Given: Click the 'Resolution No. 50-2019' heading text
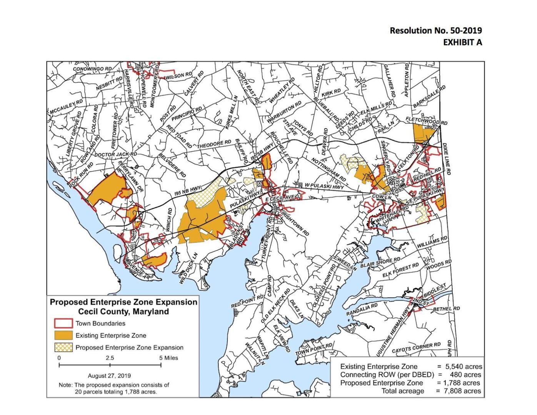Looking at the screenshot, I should pyautogui.click(x=435, y=30).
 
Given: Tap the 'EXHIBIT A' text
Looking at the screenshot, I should pyautogui.click(x=462, y=42).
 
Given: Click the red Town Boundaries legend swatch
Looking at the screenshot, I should pyautogui.click(x=63, y=323).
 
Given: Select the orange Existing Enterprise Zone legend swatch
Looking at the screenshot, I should pyautogui.click(x=63, y=335).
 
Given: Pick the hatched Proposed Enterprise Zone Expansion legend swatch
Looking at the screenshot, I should pyautogui.click(x=63, y=347).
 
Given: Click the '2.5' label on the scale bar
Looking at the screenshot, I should pyautogui.click(x=110, y=358).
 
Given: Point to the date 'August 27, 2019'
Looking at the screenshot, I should pyautogui.click(x=109, y=375).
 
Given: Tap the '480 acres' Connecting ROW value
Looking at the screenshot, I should pyautogui.click(x=465, y=374).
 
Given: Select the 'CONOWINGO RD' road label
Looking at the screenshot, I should pyautogui.click(x=92, y=69).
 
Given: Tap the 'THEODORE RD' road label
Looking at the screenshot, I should pyautogui.click(x=214, y=144).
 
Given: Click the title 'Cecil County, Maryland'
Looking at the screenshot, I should pyautogui.click(x=123, y=311).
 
